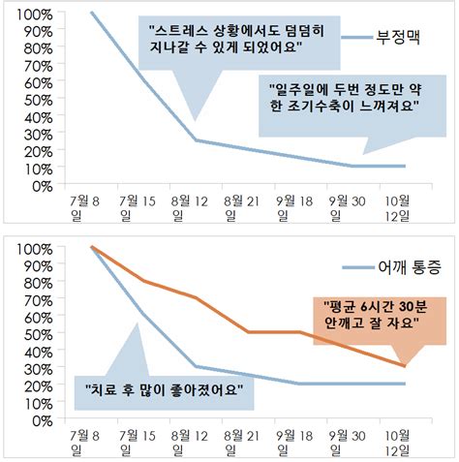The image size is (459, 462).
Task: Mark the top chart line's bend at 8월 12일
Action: coord(196,140)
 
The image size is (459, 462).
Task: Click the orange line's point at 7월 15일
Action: coord(143,282)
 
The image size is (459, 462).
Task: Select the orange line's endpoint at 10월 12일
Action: coord(404,366)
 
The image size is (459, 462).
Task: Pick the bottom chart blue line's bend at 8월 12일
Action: coord(196,366)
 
